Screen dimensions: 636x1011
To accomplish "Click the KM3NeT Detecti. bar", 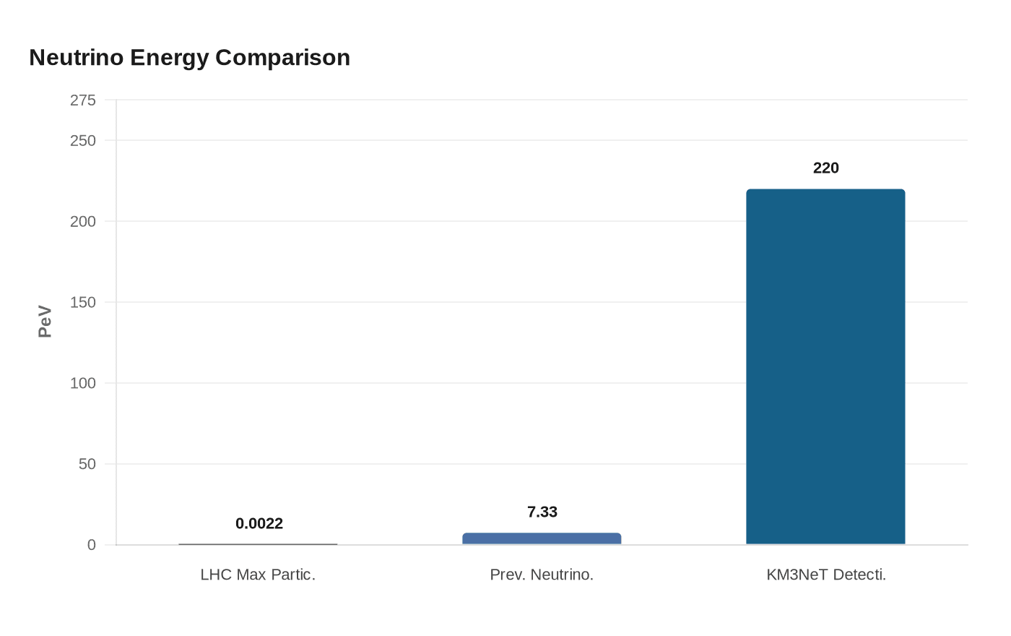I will point(825,366).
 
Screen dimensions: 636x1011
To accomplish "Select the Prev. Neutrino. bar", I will point(542,538).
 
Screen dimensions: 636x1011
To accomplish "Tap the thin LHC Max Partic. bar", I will point(258,544).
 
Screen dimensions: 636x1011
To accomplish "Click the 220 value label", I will point(825,168).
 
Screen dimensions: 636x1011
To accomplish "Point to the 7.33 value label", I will point(542,512).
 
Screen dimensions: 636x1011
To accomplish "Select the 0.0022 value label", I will point(259,523).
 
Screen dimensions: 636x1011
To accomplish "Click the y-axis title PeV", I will point(45,322).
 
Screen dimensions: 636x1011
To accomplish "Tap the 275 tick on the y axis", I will point(83,100).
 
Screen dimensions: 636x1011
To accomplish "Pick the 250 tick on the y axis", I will point(83,140).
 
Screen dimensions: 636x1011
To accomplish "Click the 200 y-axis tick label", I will point(83,221).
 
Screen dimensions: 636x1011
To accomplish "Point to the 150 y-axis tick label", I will point(83,302).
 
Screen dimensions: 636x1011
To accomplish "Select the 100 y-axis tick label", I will point(83,383).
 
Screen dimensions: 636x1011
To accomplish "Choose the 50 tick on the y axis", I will point(87,464).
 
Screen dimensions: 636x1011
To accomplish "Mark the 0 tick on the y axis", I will point(91,545).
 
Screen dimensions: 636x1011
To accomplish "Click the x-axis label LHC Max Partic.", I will point(258,575).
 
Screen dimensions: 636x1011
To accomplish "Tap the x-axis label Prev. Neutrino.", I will point(542,575).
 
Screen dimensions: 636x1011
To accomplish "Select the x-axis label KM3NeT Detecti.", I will point(825,575).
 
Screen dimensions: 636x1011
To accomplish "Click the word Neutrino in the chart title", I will point(77,57).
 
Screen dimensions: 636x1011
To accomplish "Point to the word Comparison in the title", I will point(282,57).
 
